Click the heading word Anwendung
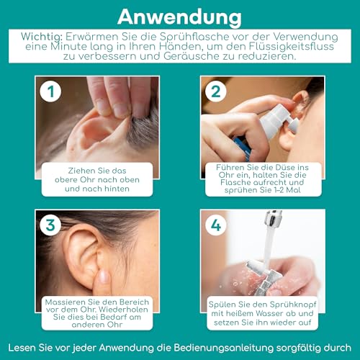click(x=179, y=15)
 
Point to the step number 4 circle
click(x=215, y=225)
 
